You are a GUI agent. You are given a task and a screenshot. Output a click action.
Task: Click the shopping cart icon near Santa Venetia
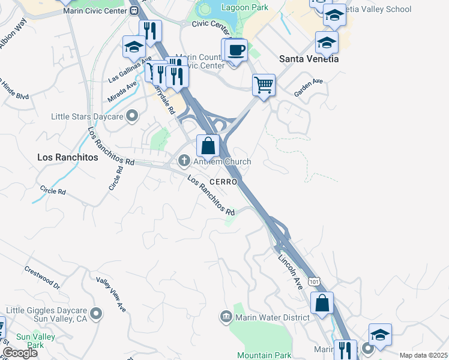click(x=264, y=85)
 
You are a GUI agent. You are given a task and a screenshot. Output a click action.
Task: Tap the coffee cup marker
click(x=237, y=50)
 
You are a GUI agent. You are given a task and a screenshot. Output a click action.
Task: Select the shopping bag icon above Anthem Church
click(x=208, y=145)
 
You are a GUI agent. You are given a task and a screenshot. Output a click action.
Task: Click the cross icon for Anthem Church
click(x=184, y=160)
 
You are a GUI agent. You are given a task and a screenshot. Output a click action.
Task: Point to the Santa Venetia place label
click(x=309, y=59)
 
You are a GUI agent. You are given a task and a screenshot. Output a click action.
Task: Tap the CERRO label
click(x=224, y=181)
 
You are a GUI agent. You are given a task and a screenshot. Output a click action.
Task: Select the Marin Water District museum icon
click(x=226, y=316)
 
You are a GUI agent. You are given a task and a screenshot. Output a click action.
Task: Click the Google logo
click(x=20, y=353)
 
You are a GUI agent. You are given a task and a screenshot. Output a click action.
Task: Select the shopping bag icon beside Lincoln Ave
click(x=322, y=303)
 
